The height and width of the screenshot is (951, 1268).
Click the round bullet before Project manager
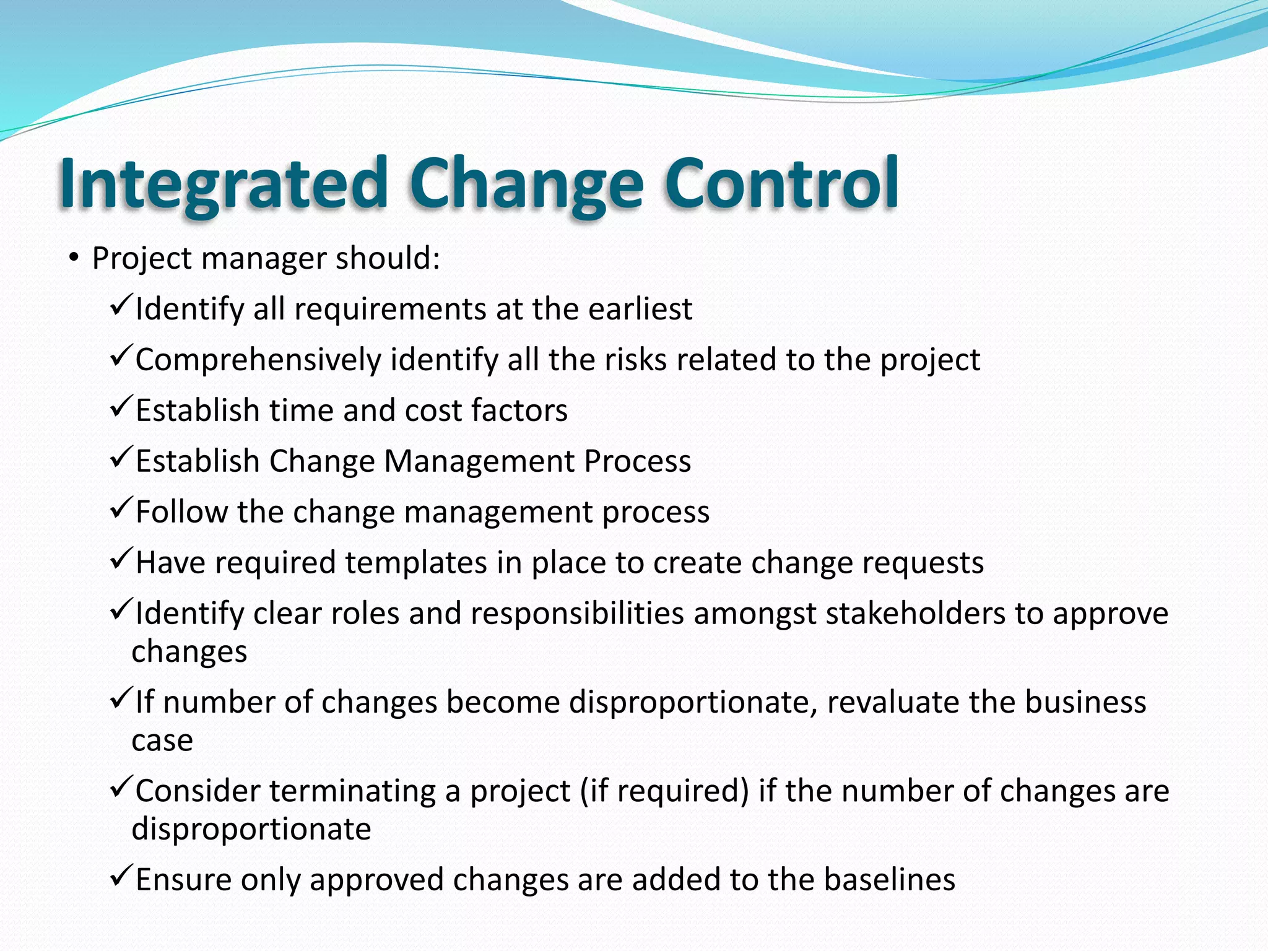[x=74, y=258]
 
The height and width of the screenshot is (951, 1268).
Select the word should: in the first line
[x=388, y=258]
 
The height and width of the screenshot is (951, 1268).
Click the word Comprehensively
[x=258, y=360]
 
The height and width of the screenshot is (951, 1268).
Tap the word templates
[x=415, y=563]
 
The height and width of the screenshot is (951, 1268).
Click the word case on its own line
[x=162, y=740]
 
